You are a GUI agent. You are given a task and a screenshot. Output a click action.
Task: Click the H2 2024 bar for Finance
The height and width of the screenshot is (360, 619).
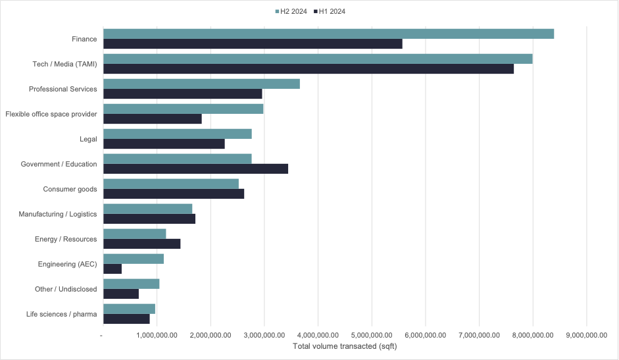[328, 34]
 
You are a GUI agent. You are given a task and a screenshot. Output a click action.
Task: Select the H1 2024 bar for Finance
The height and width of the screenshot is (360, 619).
[253, 44]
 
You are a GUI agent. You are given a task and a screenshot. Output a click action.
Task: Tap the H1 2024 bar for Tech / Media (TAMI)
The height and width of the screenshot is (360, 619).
[309, 69]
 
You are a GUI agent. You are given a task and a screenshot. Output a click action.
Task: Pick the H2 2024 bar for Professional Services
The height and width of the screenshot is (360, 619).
[201, 84]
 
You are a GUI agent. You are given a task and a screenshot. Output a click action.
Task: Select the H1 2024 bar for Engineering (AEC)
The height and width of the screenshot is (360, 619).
[112, 269]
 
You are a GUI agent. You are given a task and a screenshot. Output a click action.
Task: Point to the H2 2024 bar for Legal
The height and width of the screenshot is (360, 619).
[178, 134]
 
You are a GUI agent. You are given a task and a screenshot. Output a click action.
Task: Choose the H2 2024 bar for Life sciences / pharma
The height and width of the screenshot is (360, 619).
[129, 309]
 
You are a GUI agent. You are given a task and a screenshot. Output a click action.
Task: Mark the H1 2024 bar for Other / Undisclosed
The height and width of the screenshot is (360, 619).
[121, 294]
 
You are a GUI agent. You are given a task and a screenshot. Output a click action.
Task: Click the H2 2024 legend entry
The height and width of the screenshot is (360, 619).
[290, 11]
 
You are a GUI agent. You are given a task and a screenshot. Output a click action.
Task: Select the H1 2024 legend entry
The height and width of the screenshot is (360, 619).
[332, 11]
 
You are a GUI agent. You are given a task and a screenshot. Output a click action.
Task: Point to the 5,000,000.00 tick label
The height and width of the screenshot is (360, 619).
[372, 335]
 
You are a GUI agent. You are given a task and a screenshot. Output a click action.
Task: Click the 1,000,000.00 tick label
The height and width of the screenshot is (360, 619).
[157, 335]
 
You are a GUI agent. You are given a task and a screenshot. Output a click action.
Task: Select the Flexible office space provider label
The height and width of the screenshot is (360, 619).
[51, 114]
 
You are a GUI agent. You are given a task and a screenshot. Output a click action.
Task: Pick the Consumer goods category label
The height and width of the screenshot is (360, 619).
[70, 189]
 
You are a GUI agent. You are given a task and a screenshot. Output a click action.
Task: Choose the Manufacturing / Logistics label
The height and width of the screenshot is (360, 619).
[58, 214]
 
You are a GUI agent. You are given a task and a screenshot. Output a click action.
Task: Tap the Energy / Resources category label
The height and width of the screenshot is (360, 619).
[66, 239]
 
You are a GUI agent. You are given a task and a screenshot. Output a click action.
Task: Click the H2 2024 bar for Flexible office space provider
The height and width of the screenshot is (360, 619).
[184, 109]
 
